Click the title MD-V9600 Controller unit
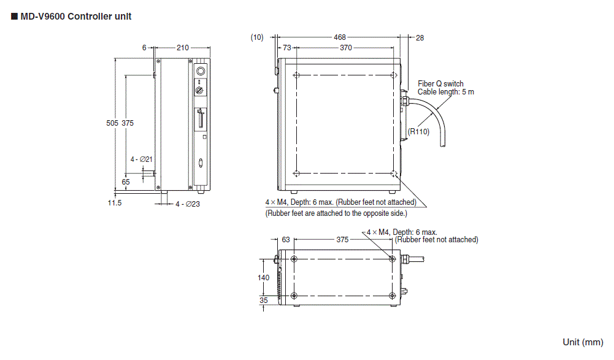point(75,17)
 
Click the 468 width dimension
point(339,37)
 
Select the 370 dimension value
point(345,48)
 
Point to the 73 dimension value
point(286,48)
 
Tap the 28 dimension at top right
point(420,37)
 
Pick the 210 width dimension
point(182,48)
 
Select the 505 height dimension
point(112,123)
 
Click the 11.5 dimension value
point(114,203)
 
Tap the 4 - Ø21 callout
point(141,159)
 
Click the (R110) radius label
point(420,131)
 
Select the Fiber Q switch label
point(440,84)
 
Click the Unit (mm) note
point(583,342)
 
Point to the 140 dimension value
point(263,277)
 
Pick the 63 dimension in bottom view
point(286,240)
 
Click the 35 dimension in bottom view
point(263,301)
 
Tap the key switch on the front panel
point(200,90)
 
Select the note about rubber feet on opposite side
point(336,213)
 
